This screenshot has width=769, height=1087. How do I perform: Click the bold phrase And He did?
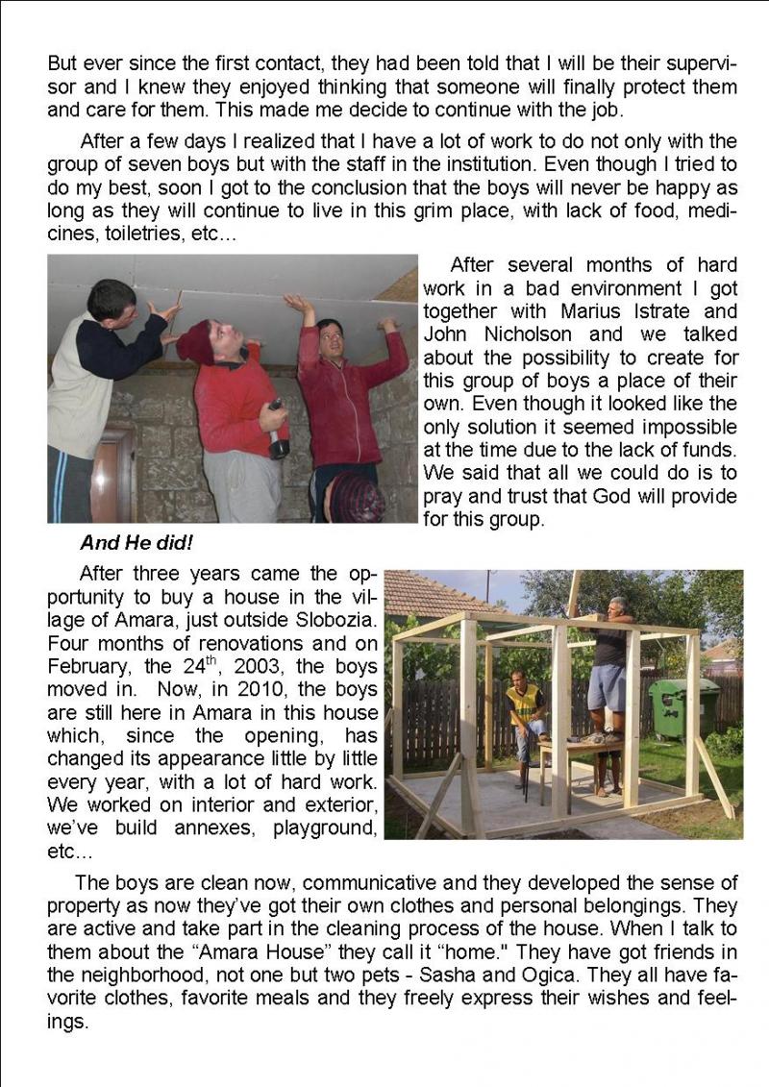pos(136,543)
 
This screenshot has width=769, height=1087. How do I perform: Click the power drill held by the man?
pos(278,434)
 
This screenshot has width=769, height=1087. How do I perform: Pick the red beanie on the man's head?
pos(196,341)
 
